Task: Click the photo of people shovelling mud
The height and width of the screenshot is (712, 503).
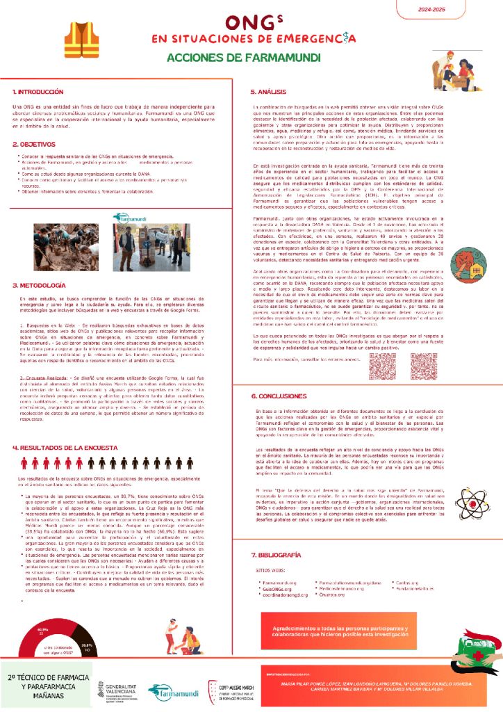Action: (x=134, y=247)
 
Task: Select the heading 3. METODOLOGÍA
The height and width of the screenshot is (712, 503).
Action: (x=40, y=285)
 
